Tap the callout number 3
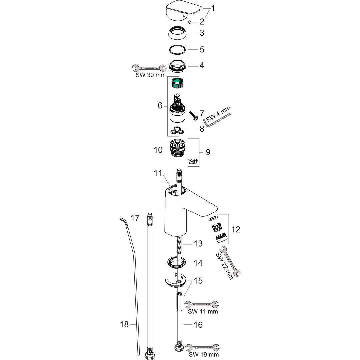pos(202,33)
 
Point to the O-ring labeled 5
pos(177,49)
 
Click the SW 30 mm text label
pos(151,75)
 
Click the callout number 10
pos(158,150)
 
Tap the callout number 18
pos(124,324)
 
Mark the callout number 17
pos(135,218)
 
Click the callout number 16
pos(198,324)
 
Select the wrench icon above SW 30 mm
pos(149,68)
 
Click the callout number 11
pos(158,173)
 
